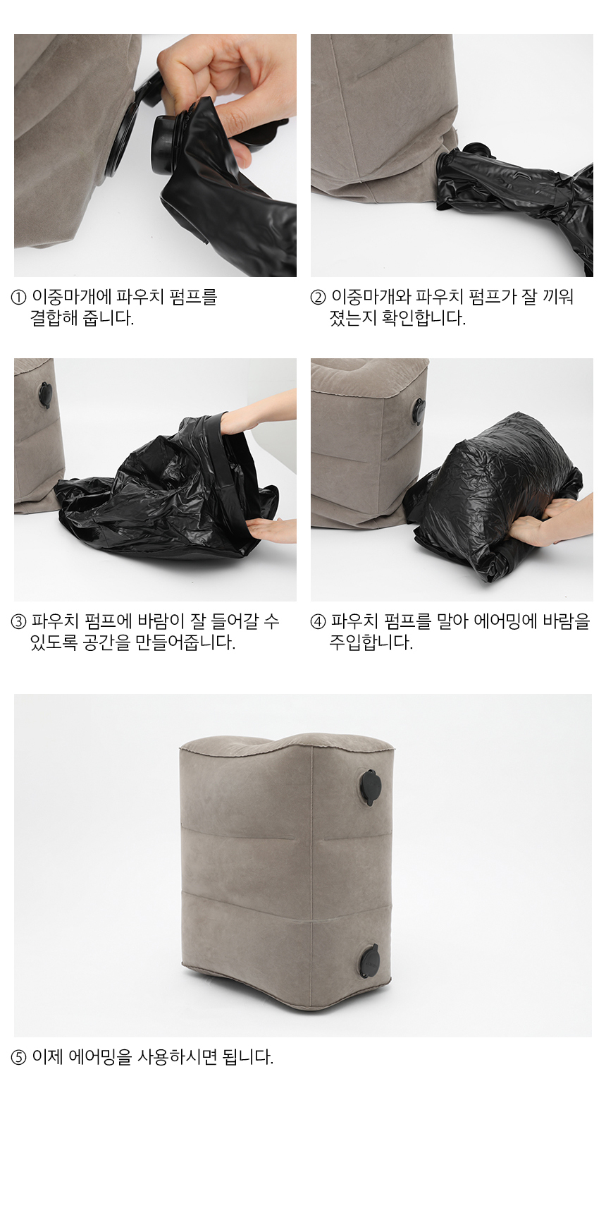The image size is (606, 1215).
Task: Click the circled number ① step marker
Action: click(19, 297)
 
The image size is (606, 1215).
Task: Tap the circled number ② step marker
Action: click(319, 297)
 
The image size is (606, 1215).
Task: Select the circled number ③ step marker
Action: click(19, 621)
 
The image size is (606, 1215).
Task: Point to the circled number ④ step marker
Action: click(319, 621)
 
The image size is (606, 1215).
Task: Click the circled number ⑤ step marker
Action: click(19, 1057)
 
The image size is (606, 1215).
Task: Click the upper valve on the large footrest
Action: click(370, 786)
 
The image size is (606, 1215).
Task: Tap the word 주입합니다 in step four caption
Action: click(371, 642)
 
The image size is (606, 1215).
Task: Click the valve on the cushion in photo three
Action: click(45, 395)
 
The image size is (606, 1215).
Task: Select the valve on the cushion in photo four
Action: click(419, 411)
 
